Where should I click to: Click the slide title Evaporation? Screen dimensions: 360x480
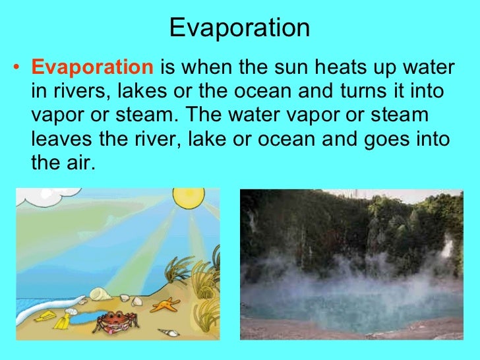pyautogui.click(x=239, y=28)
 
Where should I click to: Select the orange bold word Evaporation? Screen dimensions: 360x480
pyautogui.click(x=92, y=68)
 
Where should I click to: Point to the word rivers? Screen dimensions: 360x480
pyautogui.click(x=72, y=92)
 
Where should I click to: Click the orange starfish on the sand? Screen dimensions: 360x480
pyautogui.click(x=167, y=305)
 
